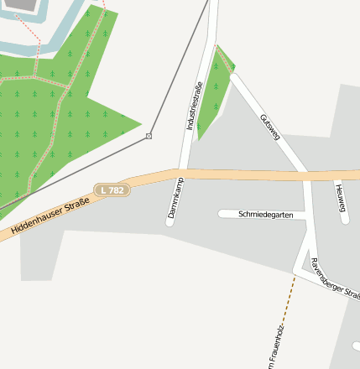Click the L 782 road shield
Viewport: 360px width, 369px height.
[111, 190]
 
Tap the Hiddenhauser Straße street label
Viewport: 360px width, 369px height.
[50, 215]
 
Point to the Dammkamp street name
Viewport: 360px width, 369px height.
[175, 199]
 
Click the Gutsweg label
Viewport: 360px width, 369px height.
[270, 127]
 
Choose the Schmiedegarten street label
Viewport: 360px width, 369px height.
[266, 215]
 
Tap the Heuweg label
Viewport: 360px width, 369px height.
[340, 202]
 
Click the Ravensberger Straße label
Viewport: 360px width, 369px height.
[334, 278]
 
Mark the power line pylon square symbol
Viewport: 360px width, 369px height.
[149, 136]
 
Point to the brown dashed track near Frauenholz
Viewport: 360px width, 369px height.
[288, 306]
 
